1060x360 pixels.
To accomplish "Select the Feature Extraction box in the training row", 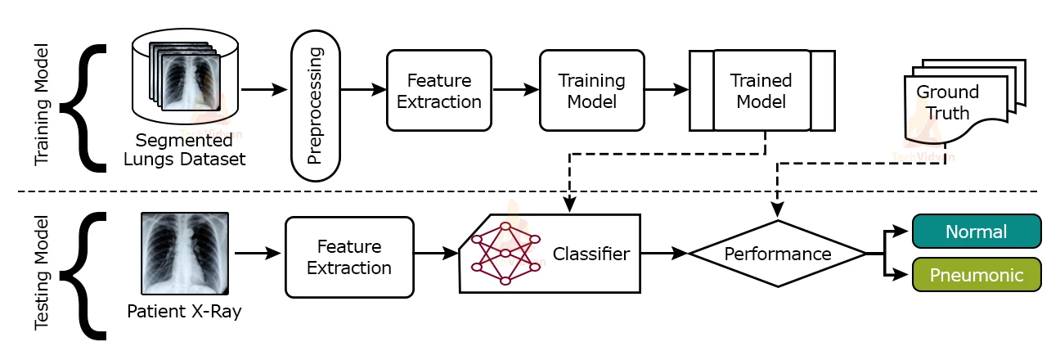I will [439, 91].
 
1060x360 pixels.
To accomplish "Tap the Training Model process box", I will [591, 91].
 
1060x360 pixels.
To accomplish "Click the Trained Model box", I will [761, 91].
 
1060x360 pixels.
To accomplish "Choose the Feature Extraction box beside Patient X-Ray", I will [349, 257].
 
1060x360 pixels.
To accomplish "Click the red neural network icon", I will [505, 252].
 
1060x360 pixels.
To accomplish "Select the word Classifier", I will [591, 254].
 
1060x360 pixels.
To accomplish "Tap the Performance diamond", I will [777, 254].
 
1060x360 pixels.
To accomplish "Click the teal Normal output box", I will [976, 232].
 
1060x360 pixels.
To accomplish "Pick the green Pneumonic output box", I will [976, 275].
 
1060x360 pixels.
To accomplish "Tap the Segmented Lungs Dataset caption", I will [184, 149].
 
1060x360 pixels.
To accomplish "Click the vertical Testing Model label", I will [43, 273].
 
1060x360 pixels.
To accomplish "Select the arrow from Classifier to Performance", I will [665, 254].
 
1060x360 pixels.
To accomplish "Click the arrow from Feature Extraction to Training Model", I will [515, 91].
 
